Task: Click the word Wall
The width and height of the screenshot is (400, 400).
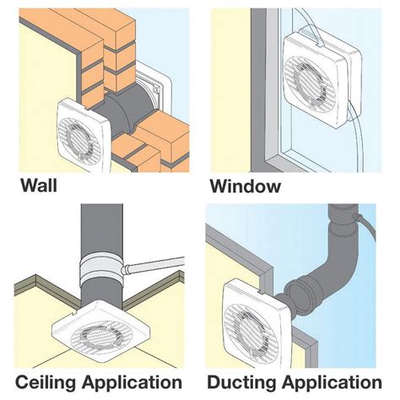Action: click(39, 186)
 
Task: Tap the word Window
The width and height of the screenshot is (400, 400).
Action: click(246, 186)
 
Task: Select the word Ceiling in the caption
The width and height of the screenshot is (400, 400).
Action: click(46, 383)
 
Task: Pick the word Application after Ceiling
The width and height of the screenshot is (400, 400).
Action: click(132, 383)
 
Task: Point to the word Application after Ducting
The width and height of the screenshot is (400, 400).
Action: click(332, 383)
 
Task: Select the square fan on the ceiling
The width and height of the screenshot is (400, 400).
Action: click(101, 332)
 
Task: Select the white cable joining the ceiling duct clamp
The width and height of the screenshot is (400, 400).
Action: click(154, 264)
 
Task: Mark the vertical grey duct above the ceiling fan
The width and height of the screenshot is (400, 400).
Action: click(102, 230)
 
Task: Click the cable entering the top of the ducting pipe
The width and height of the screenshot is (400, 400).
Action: click(365, 226)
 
